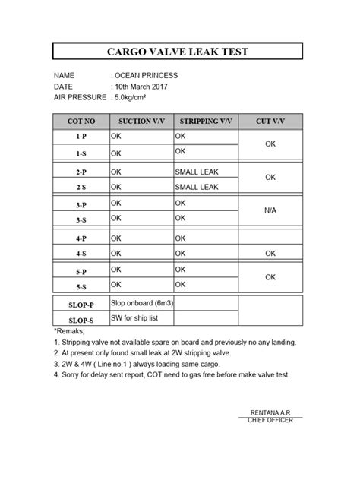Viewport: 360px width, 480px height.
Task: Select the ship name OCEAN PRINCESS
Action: [x=146, y=77]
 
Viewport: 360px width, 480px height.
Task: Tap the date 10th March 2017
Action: [x=141, y=87]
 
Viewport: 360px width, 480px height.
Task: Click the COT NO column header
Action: [x=81, y=122]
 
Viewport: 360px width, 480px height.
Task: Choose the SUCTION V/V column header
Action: [x=141, y=122]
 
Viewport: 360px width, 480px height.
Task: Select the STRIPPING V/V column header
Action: [x=206, y=122]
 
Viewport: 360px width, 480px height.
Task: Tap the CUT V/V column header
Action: [x=270, y=122]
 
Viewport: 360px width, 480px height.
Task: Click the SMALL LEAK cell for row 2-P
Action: [x=196, y=172]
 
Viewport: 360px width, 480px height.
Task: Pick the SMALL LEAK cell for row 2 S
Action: [x=196, y=187]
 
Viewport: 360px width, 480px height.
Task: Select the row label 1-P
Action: [x=81, y=137]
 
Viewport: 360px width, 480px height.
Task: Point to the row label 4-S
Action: [x=81, y=254]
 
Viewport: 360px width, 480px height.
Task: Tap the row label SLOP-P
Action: [x=81, y=305]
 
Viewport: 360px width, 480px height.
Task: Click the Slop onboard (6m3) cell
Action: [x=143, y=302]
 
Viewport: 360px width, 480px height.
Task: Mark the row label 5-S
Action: [x=81, y=286]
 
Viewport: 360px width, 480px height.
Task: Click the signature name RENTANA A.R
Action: [x=270, y=412]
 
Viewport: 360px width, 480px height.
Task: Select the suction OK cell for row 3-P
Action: [x=116, y=204]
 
